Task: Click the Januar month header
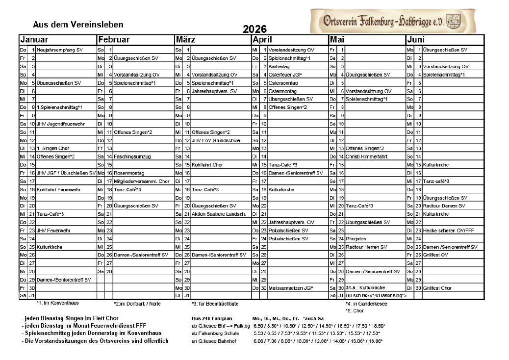(x=34, y=40)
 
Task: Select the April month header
(x=262, y=40)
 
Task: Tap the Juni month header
(x=415, y=40)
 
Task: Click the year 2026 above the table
(x=254, y=29)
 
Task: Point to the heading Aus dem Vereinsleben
(x=78, y=25)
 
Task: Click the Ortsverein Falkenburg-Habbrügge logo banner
(x=392, y=21)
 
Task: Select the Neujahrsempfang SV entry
(x=59, y=50)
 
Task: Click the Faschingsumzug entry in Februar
(x=132, y=157)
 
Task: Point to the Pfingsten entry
(x=356, y=239)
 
